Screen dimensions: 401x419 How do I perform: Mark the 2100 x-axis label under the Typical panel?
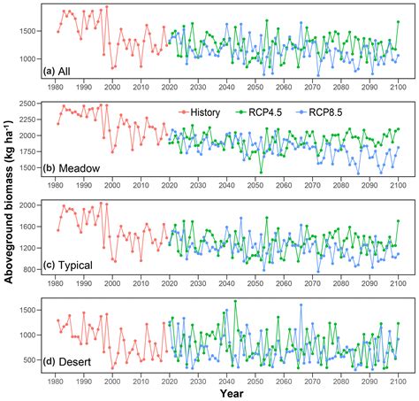(398, 281)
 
